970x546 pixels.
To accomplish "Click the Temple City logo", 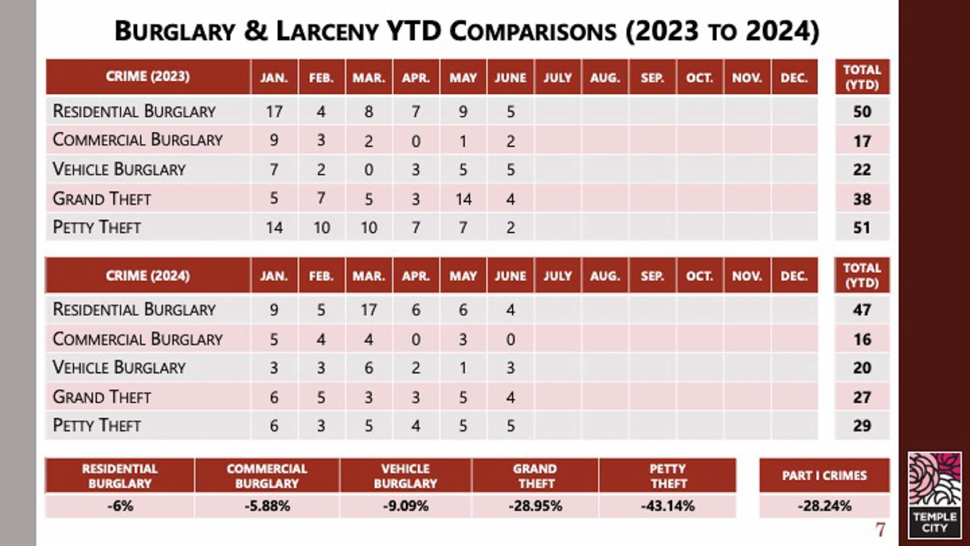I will click(934, 495).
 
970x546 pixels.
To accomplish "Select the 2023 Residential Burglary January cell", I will click(274, 112).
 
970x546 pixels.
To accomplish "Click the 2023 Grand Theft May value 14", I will click(463, 199).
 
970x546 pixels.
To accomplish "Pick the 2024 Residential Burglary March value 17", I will click(368, 310).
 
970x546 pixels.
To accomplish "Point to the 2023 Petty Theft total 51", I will click(862, 228).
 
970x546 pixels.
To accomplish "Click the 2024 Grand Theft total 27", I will click(862, 397).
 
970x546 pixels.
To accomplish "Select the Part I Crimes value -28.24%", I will click(824, 506).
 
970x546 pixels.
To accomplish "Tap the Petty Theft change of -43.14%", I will click(667, 506).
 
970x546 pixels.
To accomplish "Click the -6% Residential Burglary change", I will click(120, 506).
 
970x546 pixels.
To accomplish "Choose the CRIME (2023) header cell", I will click(148, 77).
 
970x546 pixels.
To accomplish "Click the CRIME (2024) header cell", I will click(148, 276).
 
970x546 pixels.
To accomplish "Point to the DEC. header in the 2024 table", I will click(794, 276).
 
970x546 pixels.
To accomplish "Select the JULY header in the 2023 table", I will click(557, 78).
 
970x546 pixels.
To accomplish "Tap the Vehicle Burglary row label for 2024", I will click(119, 367).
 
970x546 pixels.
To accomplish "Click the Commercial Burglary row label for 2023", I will click(137, 140).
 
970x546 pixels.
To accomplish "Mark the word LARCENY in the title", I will click(327, 32).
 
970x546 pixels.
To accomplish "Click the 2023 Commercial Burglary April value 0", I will click(416, 141).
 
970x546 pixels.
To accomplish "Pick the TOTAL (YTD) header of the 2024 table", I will click(862, 275).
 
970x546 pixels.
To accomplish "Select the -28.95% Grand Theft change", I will click(535, 506).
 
